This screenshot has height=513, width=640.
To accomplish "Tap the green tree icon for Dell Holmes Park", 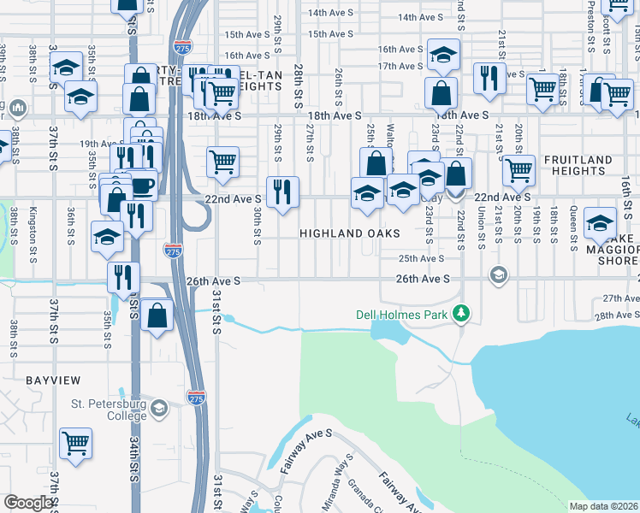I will click(x=461, y=315).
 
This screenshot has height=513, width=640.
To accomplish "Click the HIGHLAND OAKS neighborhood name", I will click(x=350, y=233).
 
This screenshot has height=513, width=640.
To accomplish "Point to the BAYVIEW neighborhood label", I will click(x=53, y=379).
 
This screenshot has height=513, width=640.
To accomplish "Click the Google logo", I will click(x=28, y=504).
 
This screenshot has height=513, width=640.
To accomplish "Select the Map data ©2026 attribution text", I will click(x=603, y=506).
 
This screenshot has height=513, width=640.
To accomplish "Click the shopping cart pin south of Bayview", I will click(x=76, y=444).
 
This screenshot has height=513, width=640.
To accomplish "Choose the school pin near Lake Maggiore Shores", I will click(x=601, y=222).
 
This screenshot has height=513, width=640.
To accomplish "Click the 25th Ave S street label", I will click(x=421, y=258).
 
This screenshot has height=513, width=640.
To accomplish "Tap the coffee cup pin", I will click(x=141, y=185).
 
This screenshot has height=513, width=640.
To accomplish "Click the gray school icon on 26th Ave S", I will click(x=497, y=274).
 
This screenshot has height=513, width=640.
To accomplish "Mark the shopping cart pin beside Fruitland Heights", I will click(x=519, y=170).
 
